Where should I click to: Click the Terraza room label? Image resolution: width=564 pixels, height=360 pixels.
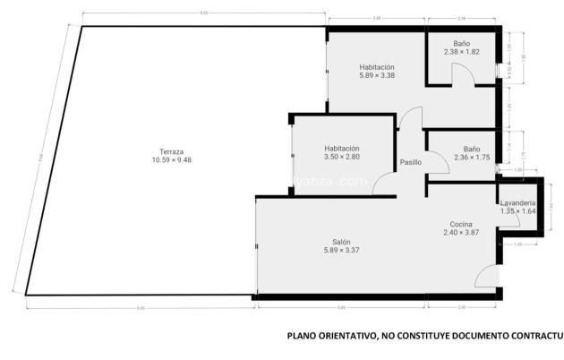point(171,151)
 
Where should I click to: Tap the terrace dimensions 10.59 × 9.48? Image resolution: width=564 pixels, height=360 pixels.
point(171,160)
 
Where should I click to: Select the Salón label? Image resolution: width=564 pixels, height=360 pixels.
point(341,242)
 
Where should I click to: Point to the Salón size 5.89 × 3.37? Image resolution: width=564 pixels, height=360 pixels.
point(341,251)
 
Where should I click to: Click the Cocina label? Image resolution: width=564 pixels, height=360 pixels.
point(461,224)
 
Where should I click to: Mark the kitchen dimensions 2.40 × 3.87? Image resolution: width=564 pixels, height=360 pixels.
point(461,233)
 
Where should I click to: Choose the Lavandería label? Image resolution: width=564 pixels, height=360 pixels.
point(518,202)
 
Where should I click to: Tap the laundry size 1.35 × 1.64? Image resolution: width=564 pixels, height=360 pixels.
point(518,211)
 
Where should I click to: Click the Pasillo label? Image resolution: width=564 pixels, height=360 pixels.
point(411,163)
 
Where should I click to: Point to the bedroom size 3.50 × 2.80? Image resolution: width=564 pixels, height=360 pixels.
point(341,158)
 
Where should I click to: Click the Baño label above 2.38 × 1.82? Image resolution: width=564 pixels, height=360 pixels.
point(461,43)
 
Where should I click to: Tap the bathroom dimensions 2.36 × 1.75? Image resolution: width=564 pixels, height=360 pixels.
point(472,158)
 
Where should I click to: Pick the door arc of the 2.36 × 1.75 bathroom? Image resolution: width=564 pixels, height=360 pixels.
point(437,162)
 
